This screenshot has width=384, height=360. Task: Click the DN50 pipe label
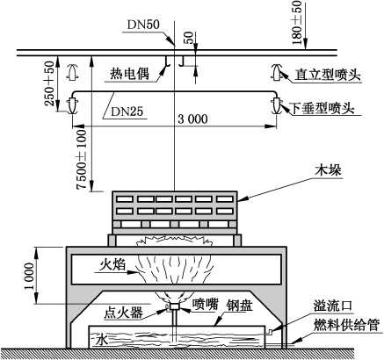(143, 25)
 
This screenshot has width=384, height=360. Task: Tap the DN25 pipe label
(127, 111)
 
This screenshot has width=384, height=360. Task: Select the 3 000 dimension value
(192, 119)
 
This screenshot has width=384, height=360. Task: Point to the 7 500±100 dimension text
(82, 159)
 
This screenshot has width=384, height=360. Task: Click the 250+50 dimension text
(49, 83)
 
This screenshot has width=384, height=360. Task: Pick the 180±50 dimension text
(296, 23)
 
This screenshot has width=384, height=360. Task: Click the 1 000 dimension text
(29, 276)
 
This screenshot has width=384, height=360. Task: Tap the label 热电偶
(129, 74)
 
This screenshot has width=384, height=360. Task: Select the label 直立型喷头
(328, 75)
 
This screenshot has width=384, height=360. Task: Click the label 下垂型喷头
(322, 109)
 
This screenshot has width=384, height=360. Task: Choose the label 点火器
(123, 313)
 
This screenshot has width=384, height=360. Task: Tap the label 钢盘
(239, 306)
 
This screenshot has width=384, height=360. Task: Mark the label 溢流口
(333, 306)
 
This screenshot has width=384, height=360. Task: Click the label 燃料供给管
(347, 325)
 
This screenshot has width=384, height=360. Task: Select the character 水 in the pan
(101, 341)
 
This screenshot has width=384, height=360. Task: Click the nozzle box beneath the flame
(175, 306)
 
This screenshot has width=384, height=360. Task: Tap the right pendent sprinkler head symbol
(276, 105)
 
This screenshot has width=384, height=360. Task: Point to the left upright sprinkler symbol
(72, 72)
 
